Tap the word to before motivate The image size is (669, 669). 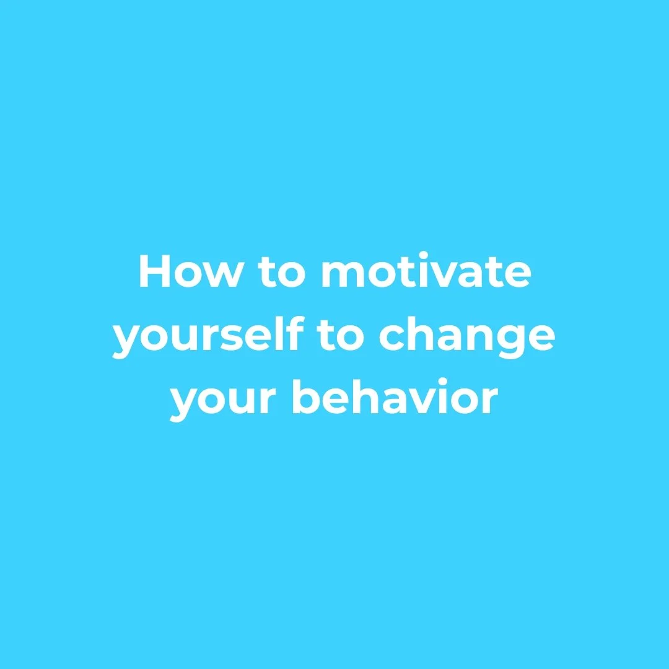coord(280,273)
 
